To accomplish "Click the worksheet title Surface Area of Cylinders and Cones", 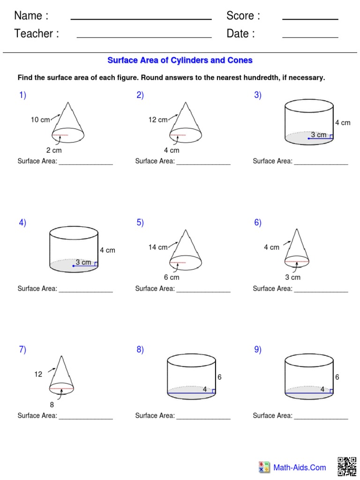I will click(180, 60).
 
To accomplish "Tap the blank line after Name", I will click(141, 19).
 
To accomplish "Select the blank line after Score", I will click(310, 19).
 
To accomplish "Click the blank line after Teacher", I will click(144, 37).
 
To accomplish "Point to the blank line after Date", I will click(310, 37).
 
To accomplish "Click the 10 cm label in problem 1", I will click(40, 120).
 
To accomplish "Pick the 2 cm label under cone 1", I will click(54, 150).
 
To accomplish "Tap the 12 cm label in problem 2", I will click(158, 120).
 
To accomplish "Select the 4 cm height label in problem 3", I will click(343, 123).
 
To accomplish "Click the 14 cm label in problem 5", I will click(158, 247).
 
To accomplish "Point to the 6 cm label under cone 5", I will click(172, 277).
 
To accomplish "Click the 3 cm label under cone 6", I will click(293, 277).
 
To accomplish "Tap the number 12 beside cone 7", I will click(38, 374).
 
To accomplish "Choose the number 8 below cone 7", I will click(52, 404).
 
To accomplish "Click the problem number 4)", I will click(22, 223).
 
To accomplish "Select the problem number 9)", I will click(258, 350).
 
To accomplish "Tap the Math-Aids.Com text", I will click(300, 467).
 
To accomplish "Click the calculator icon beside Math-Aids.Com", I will click(264, 467).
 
